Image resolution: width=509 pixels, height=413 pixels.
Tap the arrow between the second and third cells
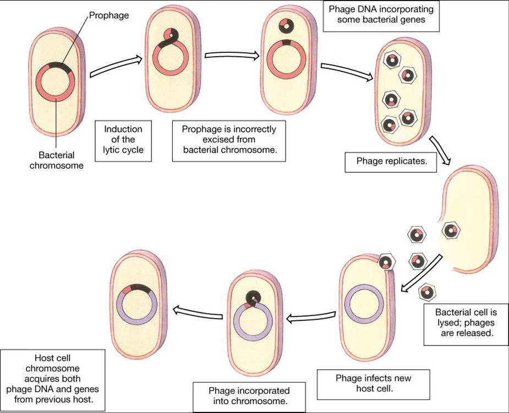[232, 55]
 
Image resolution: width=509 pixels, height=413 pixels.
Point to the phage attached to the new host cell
[386, 262]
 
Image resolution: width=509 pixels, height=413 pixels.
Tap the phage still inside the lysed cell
[450, 230]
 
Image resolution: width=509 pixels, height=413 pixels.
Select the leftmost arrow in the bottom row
[198, 312]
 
